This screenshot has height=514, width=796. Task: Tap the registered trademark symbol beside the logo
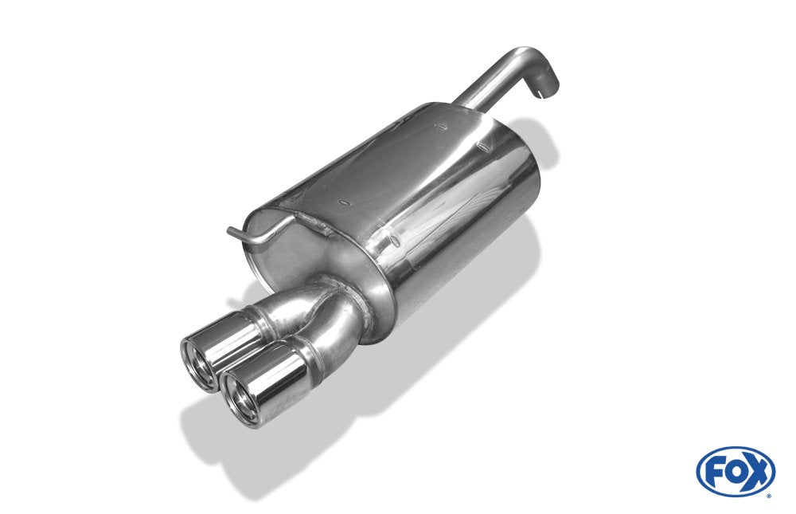[x=769, y=496]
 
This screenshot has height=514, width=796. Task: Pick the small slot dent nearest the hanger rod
[x=345, y=204]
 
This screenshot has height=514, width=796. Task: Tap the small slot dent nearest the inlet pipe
[x=440, y=127]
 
